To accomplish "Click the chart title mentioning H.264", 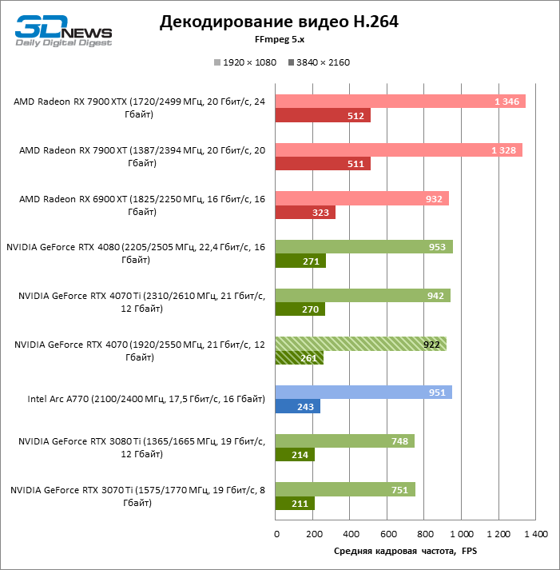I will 279,22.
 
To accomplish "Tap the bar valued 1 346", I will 399,101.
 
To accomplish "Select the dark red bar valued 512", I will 322,116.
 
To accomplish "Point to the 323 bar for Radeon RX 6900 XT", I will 304,213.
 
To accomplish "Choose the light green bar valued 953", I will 363,247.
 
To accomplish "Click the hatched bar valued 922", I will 360,344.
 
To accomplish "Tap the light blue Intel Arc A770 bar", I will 363,392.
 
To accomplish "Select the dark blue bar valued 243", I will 297,406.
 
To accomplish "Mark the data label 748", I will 400,440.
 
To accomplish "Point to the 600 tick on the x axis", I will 387,533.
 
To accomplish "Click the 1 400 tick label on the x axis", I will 534,533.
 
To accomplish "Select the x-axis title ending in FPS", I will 404,552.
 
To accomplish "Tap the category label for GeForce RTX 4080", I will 136,253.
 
